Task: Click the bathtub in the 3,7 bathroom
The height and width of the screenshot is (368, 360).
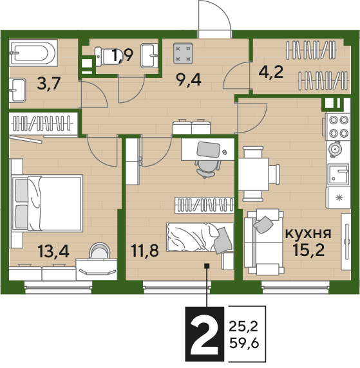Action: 33,52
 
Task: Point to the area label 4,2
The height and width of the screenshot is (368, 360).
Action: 271,72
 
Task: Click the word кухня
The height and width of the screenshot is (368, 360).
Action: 308,234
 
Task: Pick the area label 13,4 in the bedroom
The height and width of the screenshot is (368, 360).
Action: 53,251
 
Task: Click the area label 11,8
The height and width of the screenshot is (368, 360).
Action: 145,250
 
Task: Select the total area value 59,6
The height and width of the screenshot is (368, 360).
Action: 244,344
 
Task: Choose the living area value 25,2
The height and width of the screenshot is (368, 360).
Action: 243,326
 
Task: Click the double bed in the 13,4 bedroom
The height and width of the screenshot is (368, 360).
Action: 48,203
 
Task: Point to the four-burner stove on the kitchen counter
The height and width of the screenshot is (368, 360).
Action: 337,127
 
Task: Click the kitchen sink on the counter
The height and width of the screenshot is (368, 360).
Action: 338,174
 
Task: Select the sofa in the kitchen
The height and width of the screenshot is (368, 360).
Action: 263,242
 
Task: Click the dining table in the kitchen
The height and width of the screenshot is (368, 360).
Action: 253,174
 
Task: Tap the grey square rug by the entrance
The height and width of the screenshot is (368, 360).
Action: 184,53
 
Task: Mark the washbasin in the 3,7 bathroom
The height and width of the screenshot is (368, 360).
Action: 17,90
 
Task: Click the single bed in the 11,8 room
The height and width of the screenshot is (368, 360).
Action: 200,237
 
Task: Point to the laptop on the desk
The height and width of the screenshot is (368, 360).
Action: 208,150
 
